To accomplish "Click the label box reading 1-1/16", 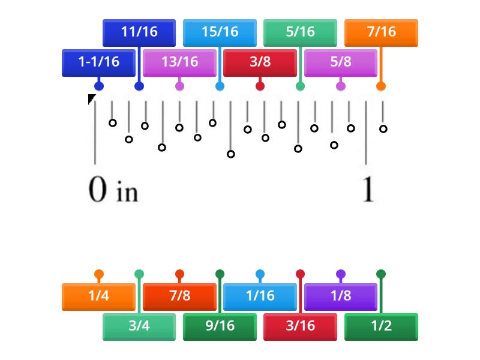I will tap(98, 62).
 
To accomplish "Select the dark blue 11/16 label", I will tap(139, 32).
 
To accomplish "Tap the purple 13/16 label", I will tap(179, 62).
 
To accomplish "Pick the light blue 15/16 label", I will tap(220, 32).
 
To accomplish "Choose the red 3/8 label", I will tap(260, 62).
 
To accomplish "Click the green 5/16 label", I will tap(300, 32).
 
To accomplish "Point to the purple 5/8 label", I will tap(340, 62).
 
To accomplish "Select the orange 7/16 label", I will tap(381, 32).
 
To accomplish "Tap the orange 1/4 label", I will tap(98, 296).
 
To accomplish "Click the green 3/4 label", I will tap(139, 326).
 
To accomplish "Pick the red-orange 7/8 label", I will tap(179, 296).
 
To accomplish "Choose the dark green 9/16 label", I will tap(220, 326).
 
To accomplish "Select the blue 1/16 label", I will tap(260, 296).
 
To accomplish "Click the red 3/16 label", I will tap(300, 326).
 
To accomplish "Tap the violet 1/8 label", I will tap(340, 296).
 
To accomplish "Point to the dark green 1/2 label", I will tap(381, 326).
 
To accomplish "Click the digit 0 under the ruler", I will tap(98, 190).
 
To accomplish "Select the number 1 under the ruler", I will tap(368, 190).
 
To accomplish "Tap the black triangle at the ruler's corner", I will tap(91, 98).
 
